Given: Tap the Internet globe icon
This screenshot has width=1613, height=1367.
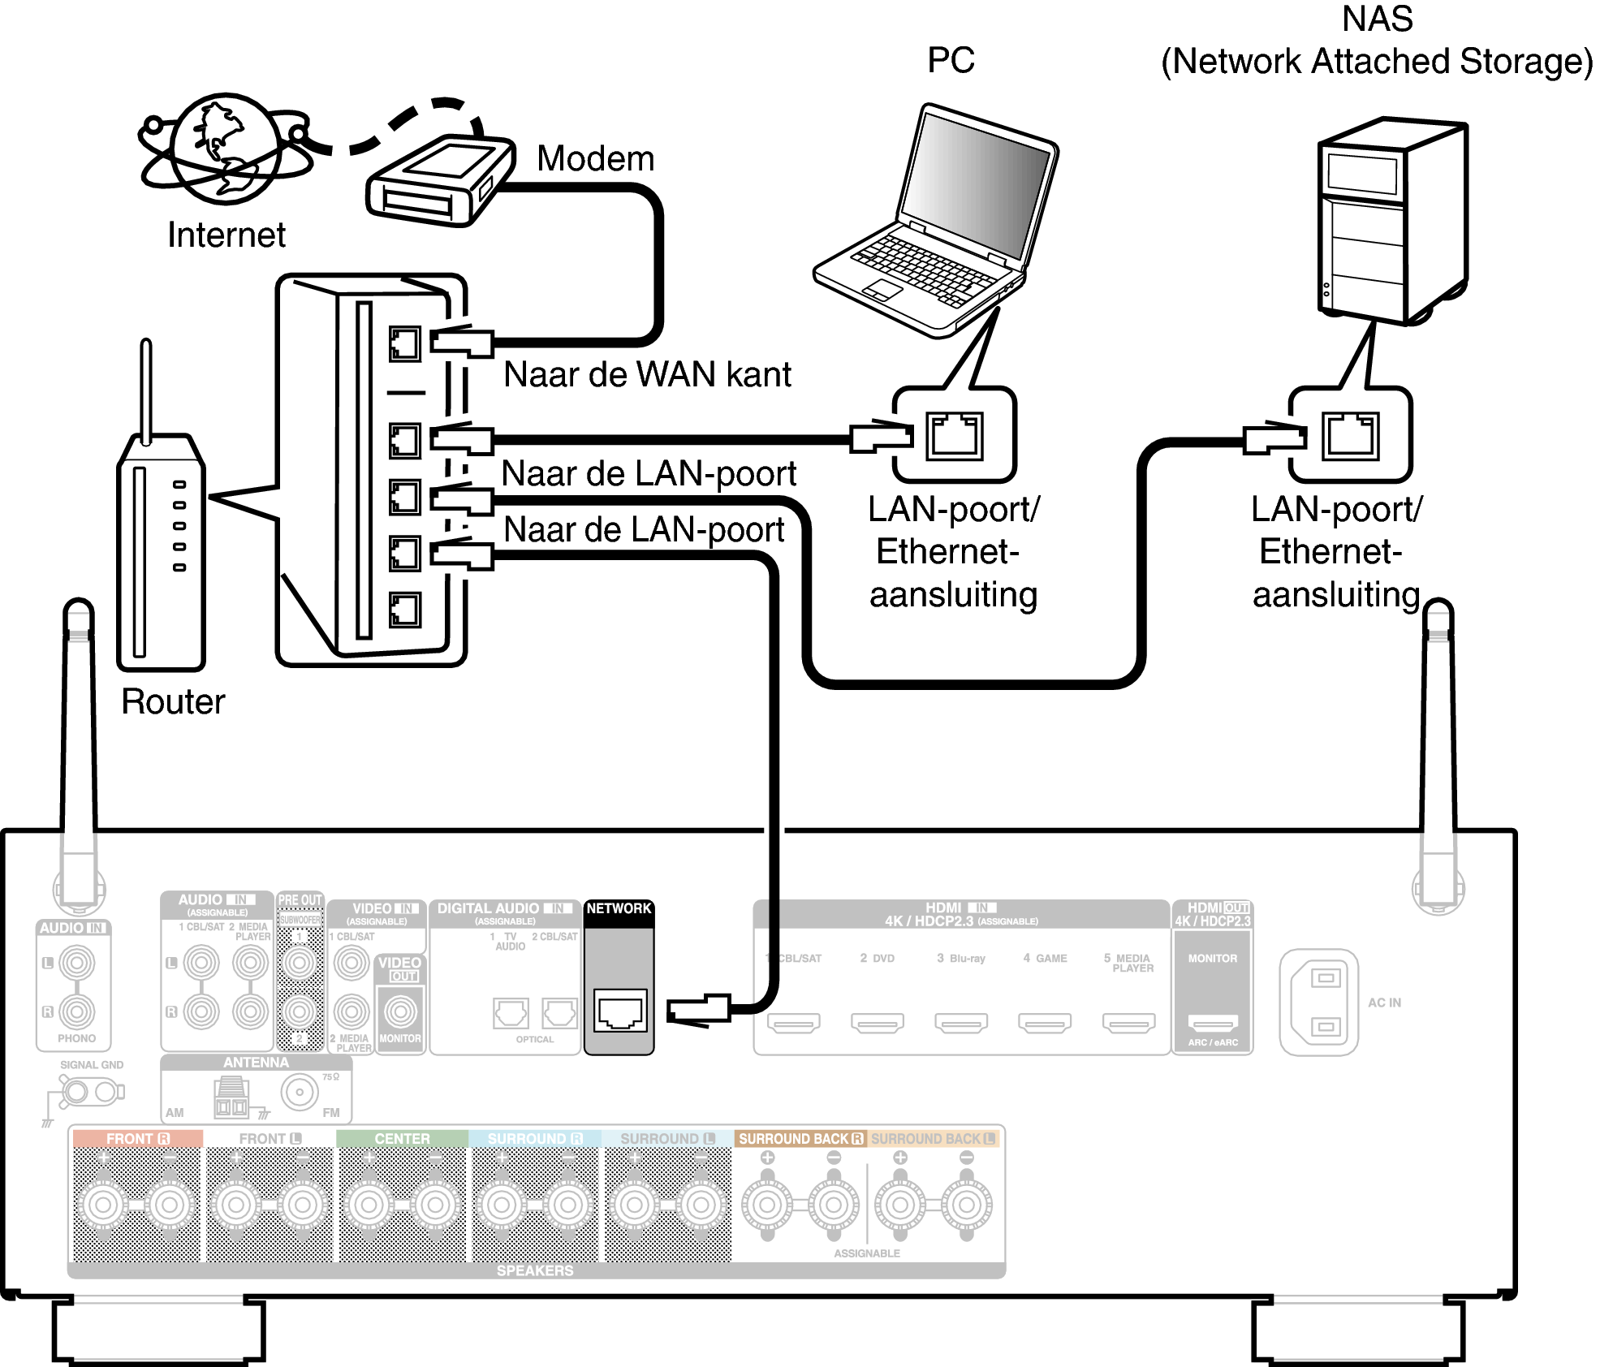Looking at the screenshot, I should (226, 149).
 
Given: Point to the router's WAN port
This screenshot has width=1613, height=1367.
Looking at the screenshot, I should (404, 344).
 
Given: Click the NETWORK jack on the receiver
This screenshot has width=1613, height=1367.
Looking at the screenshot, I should (619, 1011).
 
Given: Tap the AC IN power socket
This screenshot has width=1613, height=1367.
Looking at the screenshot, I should (1318, 1002).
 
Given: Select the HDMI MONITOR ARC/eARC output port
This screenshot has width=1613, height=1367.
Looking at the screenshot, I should (1212, 1023).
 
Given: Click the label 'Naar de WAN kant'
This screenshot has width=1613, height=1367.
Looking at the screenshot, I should (646, 375).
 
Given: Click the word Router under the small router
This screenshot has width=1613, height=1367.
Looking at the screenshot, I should (173, 702).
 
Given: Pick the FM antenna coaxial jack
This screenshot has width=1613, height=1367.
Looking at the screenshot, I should (300, 1093).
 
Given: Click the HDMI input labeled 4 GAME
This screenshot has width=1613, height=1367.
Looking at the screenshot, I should (1045, 1023).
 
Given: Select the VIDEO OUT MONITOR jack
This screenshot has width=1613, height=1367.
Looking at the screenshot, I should (400, 1011).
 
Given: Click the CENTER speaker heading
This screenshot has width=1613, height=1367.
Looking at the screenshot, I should (402, 1139).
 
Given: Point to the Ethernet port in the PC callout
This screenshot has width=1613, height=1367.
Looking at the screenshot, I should (954, 436).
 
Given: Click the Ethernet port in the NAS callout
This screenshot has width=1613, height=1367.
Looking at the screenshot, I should (1350, 436).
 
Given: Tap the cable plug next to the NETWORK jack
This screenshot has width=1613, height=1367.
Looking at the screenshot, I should (698, 1011).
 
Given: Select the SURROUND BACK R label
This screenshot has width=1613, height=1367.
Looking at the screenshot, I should (800, 1139).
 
